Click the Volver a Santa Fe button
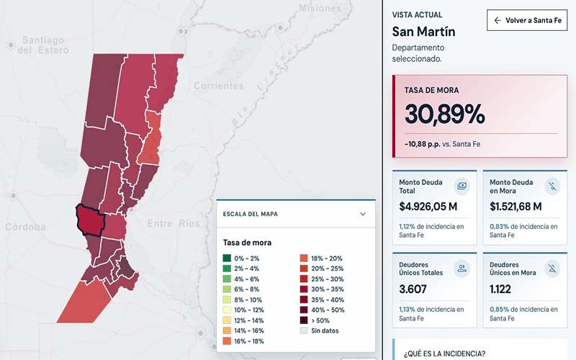tap(527, 20)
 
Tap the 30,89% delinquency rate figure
tap(444, 114)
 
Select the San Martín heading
tap(423, 32)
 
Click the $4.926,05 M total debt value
tap(428, 207)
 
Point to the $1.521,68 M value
tap(516, 207)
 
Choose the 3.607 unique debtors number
tap(413, 289)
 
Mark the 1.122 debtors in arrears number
tap(500, 289)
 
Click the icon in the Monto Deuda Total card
tap(462, 186)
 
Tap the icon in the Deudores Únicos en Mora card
tap(552, 269)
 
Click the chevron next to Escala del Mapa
tap(363, 214)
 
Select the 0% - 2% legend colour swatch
tap(227, 258)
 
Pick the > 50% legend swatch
tap(304, 320)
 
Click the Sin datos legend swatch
tap(304, 330)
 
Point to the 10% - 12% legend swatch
tap(227, 310)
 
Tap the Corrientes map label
tap(219, 86)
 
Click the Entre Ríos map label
tap(174, 223)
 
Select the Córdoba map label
tap(25, 227)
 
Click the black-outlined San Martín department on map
tap(91, 220)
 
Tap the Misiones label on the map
tap(320, 8)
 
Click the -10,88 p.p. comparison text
tap(423, 144)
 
